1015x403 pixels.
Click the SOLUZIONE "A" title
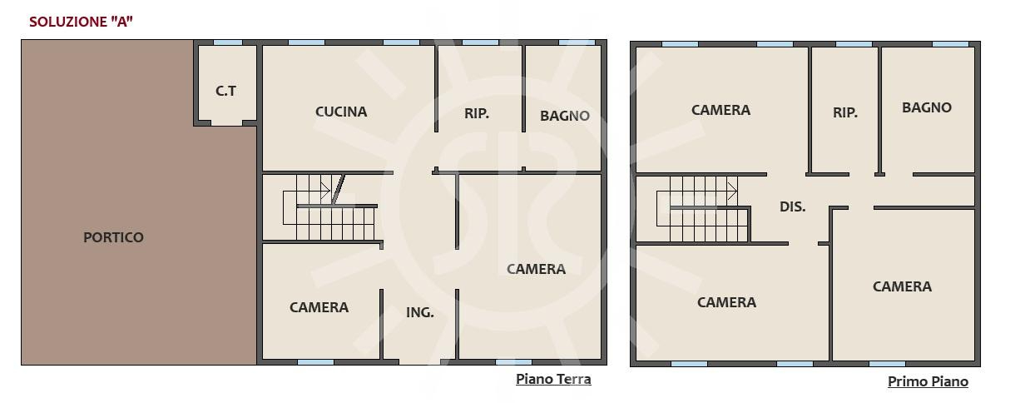point(81,22)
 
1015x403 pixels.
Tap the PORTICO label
point(113,237)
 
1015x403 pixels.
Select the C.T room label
point(225,91)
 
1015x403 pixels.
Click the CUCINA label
point(341,112)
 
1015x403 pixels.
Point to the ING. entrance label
point(419,312)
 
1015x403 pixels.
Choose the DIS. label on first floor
point(793,206)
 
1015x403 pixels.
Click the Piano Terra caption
point(553,379)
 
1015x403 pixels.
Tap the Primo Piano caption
point(928,381)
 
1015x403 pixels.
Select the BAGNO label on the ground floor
point(565,116)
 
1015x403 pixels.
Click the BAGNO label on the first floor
point(927,107)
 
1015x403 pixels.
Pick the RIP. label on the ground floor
point(477,113)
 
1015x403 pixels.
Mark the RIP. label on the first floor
point(845,112)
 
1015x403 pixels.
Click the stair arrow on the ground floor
point(325,191)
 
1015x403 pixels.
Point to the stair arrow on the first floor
point(732,191)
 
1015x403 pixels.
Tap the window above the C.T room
point(228,42)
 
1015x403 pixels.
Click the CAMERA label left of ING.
point(319,307)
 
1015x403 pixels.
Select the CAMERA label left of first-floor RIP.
point(721,110)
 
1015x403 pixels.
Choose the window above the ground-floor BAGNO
point(577,42)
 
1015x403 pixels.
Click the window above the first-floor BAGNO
point(950,44)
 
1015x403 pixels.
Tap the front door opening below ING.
point(419,362)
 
